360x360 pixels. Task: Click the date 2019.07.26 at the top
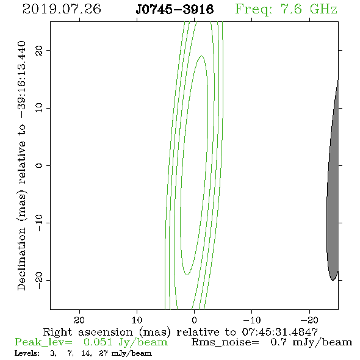coord(62,9)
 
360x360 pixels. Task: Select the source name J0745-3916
coord(175,10)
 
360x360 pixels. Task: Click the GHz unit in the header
coord(323,9)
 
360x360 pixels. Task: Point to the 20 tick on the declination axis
coord(39,51)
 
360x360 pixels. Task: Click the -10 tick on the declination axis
coord(39,223)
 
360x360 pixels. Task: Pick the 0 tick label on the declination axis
coord(39,165)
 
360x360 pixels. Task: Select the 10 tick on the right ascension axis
coord(137,320)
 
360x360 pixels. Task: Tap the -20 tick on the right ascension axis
coord(309,320)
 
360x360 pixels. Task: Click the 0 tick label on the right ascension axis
coord(195,320)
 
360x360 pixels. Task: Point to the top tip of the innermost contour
coord(201,56)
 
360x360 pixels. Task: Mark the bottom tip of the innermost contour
coord(187,275)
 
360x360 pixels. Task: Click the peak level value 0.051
coord(98,342)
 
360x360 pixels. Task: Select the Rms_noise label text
coord(225,342)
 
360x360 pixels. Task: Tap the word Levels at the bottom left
coord(27,353)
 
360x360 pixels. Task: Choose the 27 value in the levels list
coord(104,353)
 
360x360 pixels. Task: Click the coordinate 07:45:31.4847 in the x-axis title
coord(280,332)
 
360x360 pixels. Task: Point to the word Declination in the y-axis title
coord(21,259)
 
